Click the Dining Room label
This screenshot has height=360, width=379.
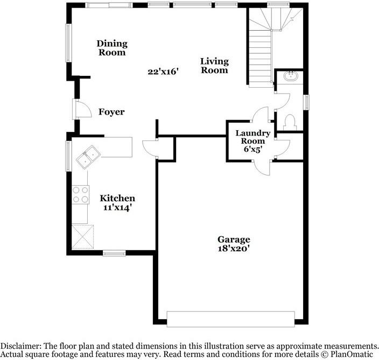(112, 48)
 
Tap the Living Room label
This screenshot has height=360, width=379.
(214, 66)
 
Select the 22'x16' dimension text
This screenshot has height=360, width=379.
(163, 72)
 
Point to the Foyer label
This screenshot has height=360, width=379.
(111, 112)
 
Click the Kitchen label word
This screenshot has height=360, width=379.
(117, 198)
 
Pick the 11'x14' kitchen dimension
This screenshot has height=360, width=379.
(117, 207)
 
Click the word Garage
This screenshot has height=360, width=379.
(234, 239)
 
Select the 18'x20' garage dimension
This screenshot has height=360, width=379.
(234, 249)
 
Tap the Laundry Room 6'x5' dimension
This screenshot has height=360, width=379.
(253, 149)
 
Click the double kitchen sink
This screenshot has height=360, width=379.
(88, 157)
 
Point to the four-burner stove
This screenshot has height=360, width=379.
(81, 195)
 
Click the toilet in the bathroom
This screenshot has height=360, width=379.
(290, 123)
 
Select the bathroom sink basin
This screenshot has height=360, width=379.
(291, 76)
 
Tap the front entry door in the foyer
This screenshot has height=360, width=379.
(83, 109)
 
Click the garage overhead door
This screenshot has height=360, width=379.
(231, 319)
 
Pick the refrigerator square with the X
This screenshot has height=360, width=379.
(83, 237)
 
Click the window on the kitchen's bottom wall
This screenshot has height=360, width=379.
(114, 253)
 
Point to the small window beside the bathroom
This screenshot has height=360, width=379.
(306, 102)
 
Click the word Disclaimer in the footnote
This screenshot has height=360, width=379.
(21, 346)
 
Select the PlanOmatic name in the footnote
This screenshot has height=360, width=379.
(352, 355)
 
